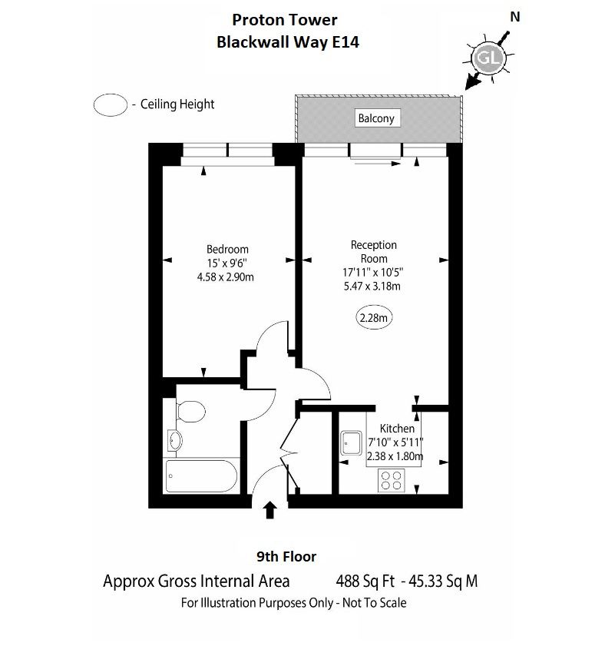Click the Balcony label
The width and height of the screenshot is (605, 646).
(376, 118)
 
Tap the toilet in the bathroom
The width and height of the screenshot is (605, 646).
(190, 411)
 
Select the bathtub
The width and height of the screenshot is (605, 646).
(201, 475)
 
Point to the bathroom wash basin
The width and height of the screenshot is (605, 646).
(174, 440)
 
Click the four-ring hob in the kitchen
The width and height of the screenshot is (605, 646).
(392, 480)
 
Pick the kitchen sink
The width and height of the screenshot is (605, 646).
(352, 443)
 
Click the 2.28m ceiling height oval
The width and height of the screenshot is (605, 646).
(374, 318)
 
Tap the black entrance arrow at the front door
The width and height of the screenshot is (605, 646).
(269, 509)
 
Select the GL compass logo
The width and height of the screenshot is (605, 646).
(489, 58)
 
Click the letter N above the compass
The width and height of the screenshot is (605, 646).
(515, 17)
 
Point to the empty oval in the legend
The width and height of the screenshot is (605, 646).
(111, 104)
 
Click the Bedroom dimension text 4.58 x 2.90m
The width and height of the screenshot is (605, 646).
(225, 277)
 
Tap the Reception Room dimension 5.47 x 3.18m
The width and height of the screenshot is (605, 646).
(372, 286)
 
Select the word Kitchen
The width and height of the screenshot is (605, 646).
(397, 429)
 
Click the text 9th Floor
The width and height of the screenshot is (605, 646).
(286, 557)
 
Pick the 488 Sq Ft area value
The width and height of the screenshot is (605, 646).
(365, 581)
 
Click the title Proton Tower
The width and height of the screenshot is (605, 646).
(285, 20)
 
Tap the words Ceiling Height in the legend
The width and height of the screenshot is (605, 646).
(177, 104)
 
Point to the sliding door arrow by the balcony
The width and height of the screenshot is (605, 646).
(377, 164)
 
